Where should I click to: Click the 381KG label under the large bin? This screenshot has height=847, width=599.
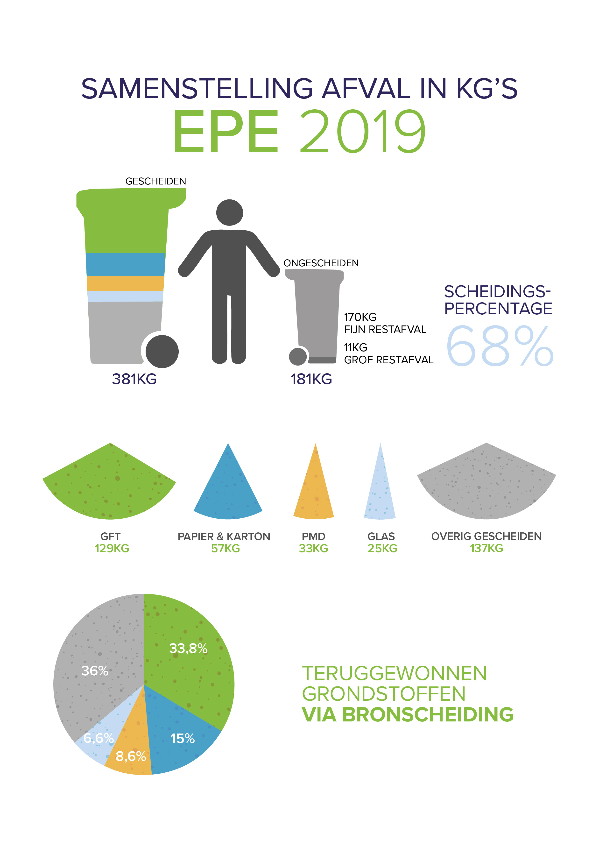pyautogui.click(x=134, y=379)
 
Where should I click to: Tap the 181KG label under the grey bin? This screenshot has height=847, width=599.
pyautogui.click(x=311, y=379)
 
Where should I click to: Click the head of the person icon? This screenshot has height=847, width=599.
pyautogui.click(x=229, y=212)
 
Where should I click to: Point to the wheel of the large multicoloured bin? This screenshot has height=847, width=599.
pyautogui.click(x=162, y=351)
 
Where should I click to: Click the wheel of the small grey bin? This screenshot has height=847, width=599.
pyautogui.click(x=298, y=356)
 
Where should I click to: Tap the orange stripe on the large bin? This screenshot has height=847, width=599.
pyautogui.click(x=125, y=283)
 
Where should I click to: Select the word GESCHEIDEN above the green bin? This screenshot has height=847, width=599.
pyautogui.click(x=156, y=181)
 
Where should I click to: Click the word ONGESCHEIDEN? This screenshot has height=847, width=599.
pyautogui.click(x=321, y=263)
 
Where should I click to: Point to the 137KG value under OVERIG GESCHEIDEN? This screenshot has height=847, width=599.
pyautogui.click(x=486, y=548)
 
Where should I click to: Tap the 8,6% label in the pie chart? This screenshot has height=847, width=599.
pyautogui.click(x=131, y=756)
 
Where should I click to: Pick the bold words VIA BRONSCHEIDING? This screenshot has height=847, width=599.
pyautogui.click(x=408, y=714)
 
